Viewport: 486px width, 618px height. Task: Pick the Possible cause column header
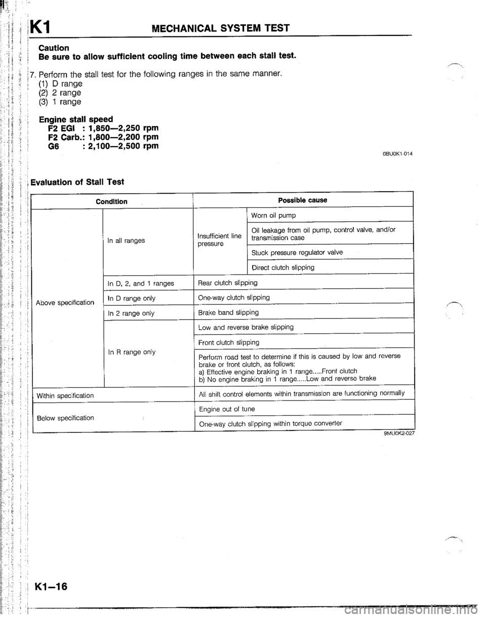point(303,200)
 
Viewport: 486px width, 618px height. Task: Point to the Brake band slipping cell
point(229,313)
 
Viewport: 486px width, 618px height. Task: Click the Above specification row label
point(65,303)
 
